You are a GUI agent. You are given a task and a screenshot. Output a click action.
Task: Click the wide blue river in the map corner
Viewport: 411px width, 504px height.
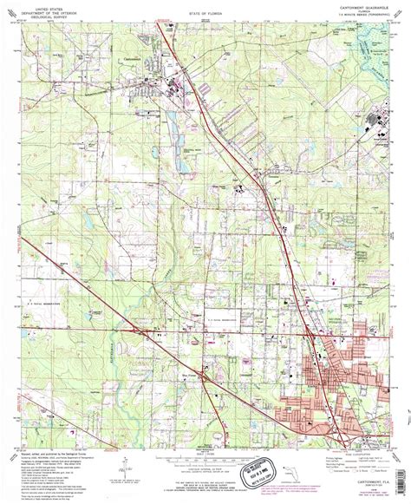click(374, 43)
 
